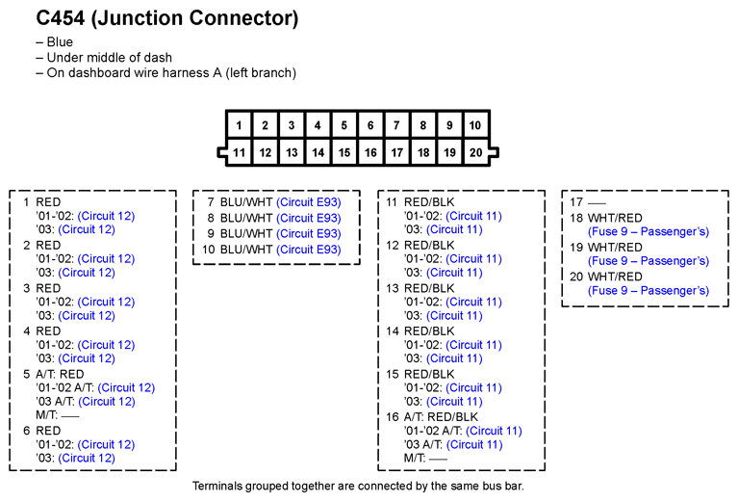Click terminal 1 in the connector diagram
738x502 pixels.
click(x=239, y=125)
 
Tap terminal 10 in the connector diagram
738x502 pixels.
click(x=475, y=125)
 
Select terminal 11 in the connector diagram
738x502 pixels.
click(x=239, y=152)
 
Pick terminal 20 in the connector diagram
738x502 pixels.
click(x=475, y=152)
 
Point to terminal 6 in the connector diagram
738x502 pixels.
click(x=370, y=125)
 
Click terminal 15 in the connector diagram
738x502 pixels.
click(x=344, y=152)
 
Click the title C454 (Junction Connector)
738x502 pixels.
click(x=167, y=18)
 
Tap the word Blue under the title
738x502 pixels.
click(x=60, y=42)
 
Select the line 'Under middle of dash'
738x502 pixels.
click(x=109, y=58)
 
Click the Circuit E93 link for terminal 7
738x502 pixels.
click(x=308, y=202)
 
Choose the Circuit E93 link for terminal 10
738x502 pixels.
click(x=308, y=250)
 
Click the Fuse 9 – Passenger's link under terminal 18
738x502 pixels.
click(x=649, y=231)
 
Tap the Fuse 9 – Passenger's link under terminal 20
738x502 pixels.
click(x=649, y=290)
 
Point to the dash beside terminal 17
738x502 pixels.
click(x=597, y=203)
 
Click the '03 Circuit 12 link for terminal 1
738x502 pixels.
click(x=87, y=229)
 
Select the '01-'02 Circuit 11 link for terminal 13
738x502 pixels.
click(x=473, y=302)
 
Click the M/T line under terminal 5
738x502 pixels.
click(x=58, y=415)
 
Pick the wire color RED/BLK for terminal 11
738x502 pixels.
click(x=429, y=202)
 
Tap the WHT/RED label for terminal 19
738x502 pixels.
click(x=615, y=247)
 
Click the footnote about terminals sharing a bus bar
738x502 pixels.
click(x=358, y=486)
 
